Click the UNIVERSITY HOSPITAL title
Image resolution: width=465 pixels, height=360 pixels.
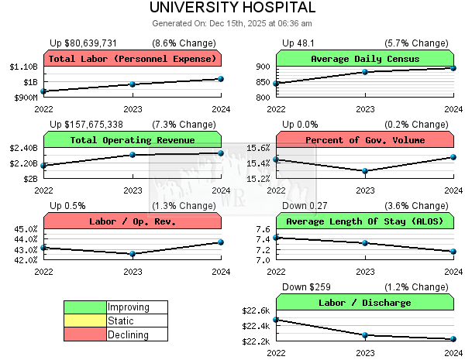click(x=232, y=8)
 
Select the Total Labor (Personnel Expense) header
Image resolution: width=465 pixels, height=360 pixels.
click(x=133, y=59)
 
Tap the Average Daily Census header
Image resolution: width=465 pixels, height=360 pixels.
click(x=364, y=59)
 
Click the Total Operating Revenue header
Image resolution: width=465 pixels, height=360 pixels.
click(x=133, y=140)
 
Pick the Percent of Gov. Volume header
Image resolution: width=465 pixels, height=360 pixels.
click(x=364, y=140)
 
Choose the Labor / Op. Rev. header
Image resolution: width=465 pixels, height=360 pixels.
click(x=133, y=221)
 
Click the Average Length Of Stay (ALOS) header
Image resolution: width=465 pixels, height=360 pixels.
click(x=364, y=221)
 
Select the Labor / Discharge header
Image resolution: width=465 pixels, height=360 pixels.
click(x=364, y=303)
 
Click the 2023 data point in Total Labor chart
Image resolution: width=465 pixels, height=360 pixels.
click(x=133, y=84)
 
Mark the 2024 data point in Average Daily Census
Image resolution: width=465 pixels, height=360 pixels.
click(x=453, y=68)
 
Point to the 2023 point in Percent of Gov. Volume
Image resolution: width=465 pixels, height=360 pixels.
click(x=365, y=171)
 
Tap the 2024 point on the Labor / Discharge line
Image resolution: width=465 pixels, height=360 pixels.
click(x=453, y=339)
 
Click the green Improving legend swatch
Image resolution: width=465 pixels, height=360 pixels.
click(x=85, y=307)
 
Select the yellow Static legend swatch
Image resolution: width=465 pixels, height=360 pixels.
click(x=85, y=321)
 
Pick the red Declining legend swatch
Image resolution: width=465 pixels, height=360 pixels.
click(x=85, y=334)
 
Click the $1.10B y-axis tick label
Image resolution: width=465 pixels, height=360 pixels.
click(x=23, y=67)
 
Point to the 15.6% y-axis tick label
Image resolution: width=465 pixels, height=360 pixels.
click(x=257, y=148)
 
